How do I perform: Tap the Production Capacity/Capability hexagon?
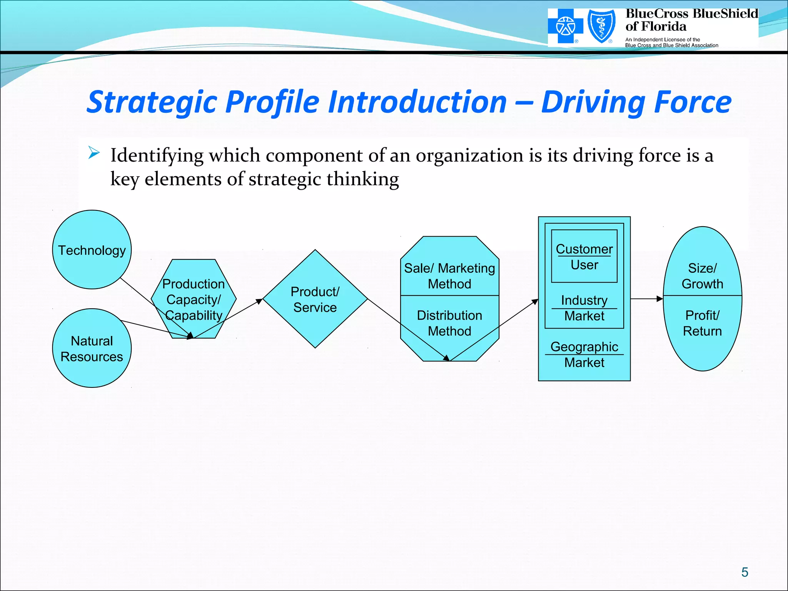click(x=194, y=299)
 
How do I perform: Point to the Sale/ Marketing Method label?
click(x=449, y=275)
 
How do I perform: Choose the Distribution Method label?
click(x=449, y=323)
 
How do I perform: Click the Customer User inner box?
click(x=584, y=256)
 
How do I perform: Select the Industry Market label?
click(x=584, y=308)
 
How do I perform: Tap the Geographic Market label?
click(x=584, y=354)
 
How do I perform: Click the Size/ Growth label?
click(x=702, y=275)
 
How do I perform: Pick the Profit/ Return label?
click(x=702, y=323)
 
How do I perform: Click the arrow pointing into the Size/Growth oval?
click(x=659, y=299)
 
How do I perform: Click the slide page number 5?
click(x=745, y=572)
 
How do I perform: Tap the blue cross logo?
click(x=565, y=26)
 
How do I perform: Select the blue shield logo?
click(x=601, y=26)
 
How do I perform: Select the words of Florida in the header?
click(x=656, y=27)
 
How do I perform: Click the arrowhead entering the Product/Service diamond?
click(x=260, y=301)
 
